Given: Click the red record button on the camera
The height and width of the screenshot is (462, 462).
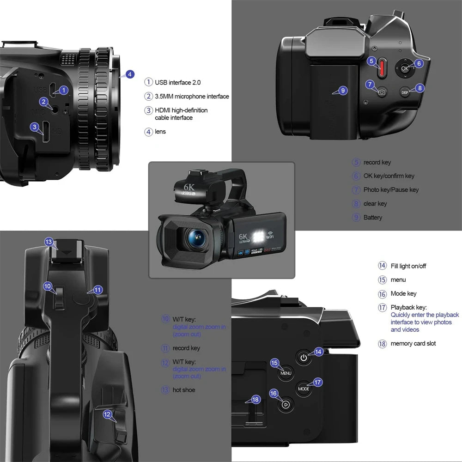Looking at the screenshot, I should (x=382, y=68).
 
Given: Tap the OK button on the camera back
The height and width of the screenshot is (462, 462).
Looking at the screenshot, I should (x=404, y=68).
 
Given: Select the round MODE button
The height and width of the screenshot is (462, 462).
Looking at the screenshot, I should (x=304, y=389).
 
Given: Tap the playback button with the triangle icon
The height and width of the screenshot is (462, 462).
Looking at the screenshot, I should (x=286, y=405).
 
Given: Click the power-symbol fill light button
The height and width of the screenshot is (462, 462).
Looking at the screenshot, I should (x=304, y=357).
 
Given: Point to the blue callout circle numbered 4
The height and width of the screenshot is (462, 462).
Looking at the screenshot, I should (x=130, y=74).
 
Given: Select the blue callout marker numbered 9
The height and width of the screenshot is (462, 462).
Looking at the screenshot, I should (x=342, y=91).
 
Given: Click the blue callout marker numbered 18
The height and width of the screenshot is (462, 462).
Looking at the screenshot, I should (x=256, y=400).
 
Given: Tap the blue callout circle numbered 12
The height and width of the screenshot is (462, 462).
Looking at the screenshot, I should (x=107, y=414).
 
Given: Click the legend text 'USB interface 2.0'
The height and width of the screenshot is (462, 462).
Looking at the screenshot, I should (x=177, y=82).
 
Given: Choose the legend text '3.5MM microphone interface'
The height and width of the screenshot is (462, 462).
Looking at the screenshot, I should (x=192, y=97).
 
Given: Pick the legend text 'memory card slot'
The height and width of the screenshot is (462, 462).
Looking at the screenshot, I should (x=413, y=344).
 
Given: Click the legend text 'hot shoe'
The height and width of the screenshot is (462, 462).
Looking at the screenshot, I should (x=184, y=390).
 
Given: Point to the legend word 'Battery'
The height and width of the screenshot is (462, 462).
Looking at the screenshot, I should (x=373, y=218).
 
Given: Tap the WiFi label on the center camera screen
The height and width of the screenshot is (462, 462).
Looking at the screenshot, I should (x=271, y=238).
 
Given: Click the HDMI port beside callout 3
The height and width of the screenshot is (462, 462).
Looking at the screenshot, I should (x=47, y=131).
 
